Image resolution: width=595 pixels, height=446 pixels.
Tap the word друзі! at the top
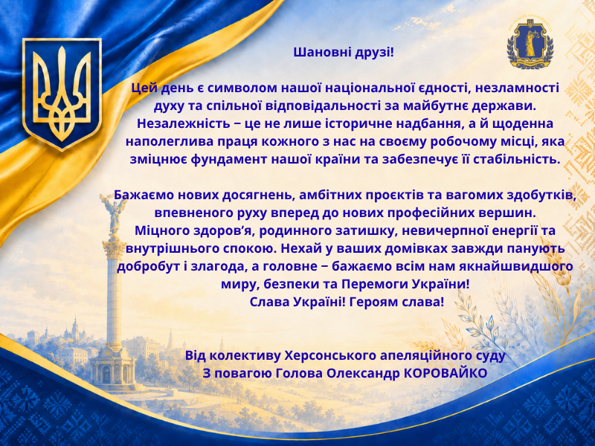(375, 53)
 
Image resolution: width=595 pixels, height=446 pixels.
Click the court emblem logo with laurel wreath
(530, 44)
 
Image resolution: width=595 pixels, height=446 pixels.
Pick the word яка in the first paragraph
(555, 141)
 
